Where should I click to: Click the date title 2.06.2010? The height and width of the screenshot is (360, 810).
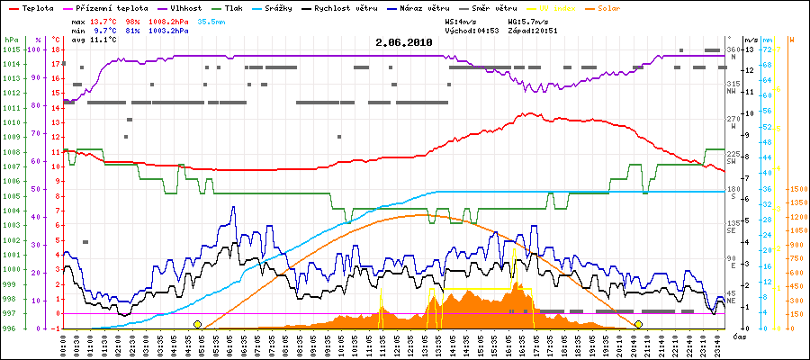(x=404, y=42)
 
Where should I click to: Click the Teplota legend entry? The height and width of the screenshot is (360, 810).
(x=34, y=7)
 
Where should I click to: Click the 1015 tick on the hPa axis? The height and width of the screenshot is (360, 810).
(x=10, y=49)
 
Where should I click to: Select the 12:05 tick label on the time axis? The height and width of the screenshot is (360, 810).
(x=408, y=343)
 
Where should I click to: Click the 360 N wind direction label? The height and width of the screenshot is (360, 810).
(x=733, y=49)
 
